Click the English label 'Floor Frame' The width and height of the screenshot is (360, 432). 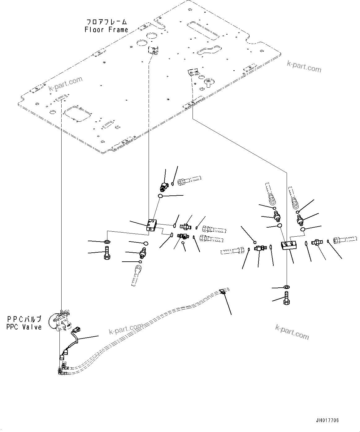[x=106, y=30]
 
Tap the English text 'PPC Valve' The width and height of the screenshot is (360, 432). [x=24, y=327]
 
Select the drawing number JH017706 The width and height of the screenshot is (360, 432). [x=327, y=421]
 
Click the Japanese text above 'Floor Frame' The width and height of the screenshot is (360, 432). [x=106, y=22]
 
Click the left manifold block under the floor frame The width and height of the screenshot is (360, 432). [x=151, y=225]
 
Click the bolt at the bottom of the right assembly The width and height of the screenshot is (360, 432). [x=286, y=298]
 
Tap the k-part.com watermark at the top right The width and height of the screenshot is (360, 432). [x=304, y=66]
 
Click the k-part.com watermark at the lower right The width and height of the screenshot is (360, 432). [x=292, y=332]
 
